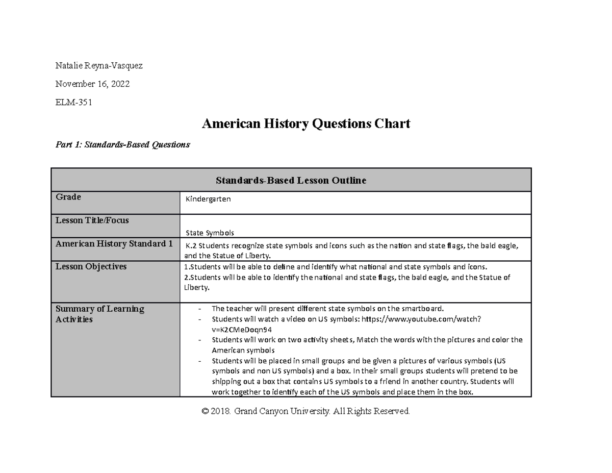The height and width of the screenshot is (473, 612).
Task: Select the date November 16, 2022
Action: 92,84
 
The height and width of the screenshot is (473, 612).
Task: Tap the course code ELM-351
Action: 73,103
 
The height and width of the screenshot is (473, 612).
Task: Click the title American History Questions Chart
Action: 306,123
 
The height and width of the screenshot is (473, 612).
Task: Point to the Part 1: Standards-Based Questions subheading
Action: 122,145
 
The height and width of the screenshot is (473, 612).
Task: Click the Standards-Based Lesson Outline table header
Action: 291,180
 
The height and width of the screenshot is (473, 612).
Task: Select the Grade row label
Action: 68,197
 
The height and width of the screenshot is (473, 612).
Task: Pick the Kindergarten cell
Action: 208,200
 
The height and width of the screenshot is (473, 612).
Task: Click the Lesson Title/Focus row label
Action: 92,220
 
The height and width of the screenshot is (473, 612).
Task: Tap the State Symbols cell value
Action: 210,233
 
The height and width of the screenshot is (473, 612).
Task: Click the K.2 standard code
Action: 192,246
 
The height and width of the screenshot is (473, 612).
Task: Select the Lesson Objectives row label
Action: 91,267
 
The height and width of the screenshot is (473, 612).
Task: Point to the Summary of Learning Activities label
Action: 99,314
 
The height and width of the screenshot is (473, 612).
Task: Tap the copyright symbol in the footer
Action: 206,412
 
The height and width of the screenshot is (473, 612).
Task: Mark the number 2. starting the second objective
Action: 187,278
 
